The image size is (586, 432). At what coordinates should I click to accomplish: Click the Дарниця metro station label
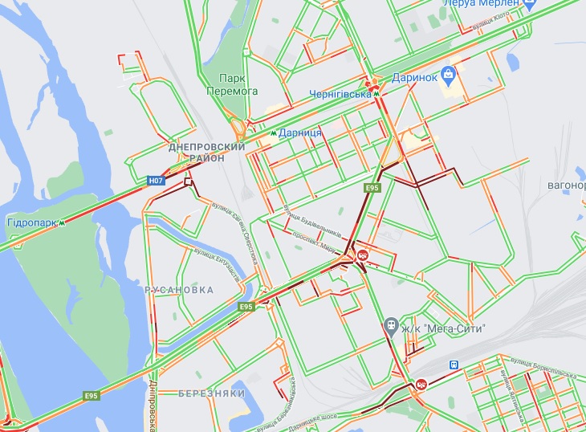[300, 132]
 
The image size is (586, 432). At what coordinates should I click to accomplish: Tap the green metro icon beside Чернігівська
[376, 94]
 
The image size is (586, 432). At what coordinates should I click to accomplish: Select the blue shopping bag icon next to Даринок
[449, 77]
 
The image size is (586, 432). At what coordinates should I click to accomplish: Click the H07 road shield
[157, 181]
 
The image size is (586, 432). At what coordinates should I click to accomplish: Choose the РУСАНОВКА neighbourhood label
[180, 289]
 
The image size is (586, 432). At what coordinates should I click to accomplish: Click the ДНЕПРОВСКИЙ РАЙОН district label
[206, 153]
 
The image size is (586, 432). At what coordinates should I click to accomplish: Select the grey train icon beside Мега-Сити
[390, 326]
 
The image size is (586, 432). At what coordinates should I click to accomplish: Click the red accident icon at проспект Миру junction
[363, 255]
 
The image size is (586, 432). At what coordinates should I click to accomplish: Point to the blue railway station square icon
[454, 365]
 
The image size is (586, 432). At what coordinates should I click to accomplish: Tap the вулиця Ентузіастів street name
[216, 264]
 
